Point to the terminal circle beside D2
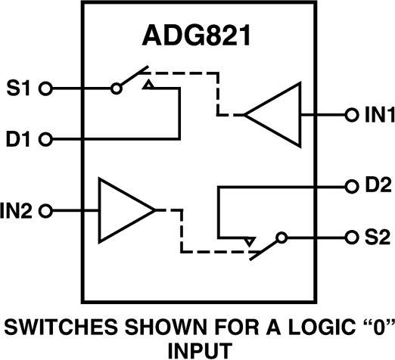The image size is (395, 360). click(x=350, y=185)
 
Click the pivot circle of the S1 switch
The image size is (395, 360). click(x=117, y=88)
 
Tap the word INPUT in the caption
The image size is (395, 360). click(x=197, y=349)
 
